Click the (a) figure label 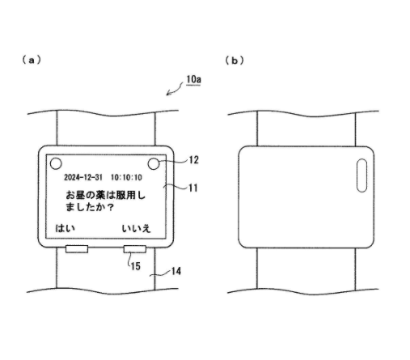(x=32, y=60)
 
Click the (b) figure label (x=235, y=61)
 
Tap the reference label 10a (x=193, y=79)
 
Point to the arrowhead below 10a (x=168, y=93)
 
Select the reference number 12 (x=194, y=160)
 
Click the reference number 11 (x=193, y=188)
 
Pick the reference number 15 (x=136, y=266)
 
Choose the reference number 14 (x=176, y=271)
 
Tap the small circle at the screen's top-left (x=56, y=163)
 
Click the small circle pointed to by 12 (x=154, y=163)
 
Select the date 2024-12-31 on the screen (x=83, y=177)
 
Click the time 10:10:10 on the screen (x=126, y=177)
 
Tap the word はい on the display (x=65, y=228)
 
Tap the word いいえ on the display (x=136, y=229)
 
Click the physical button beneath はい (x=77, y=249)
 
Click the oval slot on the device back (x=361, y=176)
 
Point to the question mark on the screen (x=111, y=207)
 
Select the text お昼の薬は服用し (x=105, y=195)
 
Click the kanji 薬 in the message (x=100, y=195)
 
